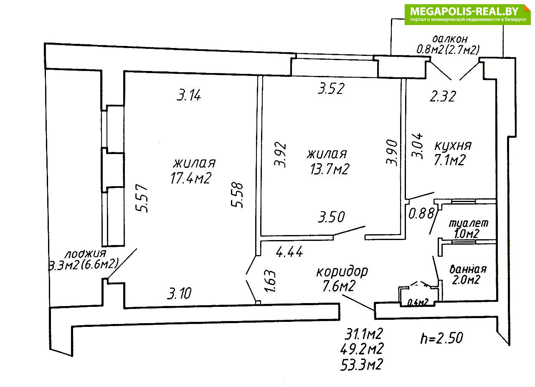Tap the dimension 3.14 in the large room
coord(189,95)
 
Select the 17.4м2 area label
coord(191,178)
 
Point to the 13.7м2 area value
coord(330,169)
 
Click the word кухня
coord(453,146)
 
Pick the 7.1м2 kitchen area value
coord(450,160)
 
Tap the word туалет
coord(469,223)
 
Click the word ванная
coord(468,269)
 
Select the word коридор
coord(342,272)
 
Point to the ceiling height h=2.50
coord(441,338)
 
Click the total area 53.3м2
coord(362,364)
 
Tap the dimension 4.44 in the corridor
coord(289,251)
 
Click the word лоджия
coord(85,254)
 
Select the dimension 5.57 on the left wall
coord(142,198)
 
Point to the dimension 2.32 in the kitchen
coord(443,96)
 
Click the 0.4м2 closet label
coord(417,303)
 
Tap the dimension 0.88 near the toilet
coord(421,213)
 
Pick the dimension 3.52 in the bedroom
coord(331,89)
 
